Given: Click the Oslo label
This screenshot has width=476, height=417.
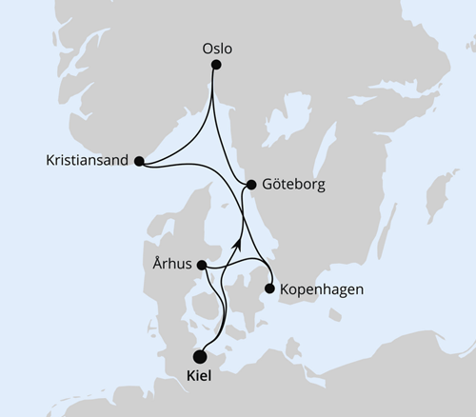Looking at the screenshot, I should tap(218, 47).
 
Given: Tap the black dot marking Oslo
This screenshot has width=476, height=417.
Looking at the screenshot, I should tap(216, 65).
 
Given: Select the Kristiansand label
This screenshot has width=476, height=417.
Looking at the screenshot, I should tap(87, 161).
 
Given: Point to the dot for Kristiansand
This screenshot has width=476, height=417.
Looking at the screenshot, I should tap(140, 162).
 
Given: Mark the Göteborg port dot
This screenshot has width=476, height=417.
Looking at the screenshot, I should tap(250, 185).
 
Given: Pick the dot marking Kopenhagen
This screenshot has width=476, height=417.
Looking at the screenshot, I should tap(272, 288).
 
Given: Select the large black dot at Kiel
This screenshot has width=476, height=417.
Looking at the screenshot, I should tap(200, 355).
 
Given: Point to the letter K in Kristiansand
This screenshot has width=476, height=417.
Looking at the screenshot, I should tap(50, 161).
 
